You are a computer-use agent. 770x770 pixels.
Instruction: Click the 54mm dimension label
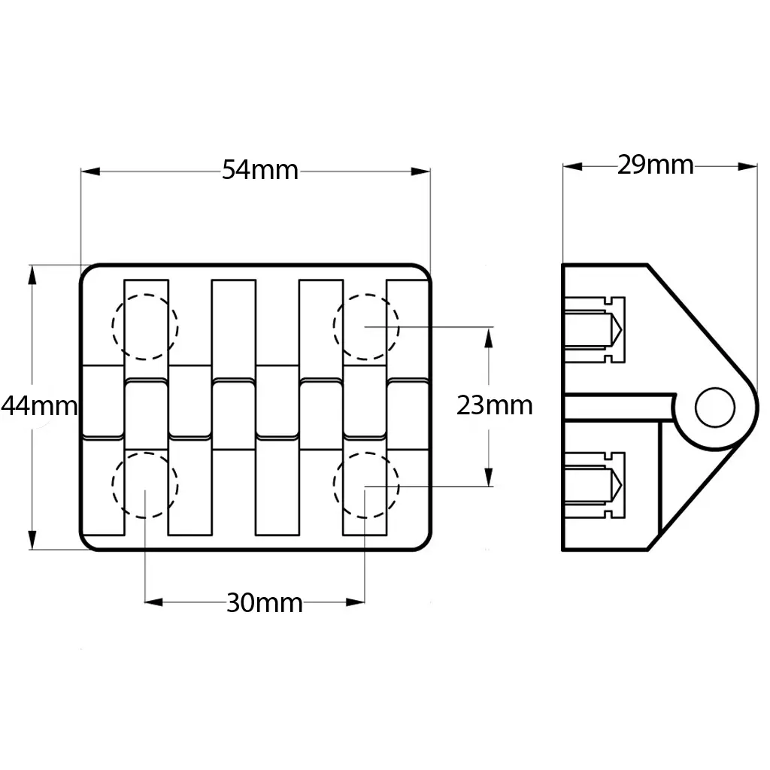(260, 171)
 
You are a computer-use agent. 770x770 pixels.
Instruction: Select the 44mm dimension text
(39, 406)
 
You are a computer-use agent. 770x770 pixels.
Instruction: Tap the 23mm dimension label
(494, 405)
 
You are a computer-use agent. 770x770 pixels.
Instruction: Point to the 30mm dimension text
(264, 602)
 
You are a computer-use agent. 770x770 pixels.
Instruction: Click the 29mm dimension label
(655, 165)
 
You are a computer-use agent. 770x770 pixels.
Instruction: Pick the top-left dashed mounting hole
(145, 326)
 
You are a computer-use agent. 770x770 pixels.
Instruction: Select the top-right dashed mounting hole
(366, 326)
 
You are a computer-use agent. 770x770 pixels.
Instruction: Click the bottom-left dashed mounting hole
(145, 485)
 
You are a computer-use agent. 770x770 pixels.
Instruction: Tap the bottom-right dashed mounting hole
(366, 485)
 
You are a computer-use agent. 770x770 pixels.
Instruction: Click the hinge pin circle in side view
(714, 408)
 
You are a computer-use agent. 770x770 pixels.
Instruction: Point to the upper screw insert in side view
(594, 328)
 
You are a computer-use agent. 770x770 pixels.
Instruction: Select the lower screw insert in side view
(594, 485)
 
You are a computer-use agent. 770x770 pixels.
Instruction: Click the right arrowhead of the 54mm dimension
(422, 171)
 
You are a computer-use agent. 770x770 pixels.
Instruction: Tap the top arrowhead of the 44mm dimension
(32, 274)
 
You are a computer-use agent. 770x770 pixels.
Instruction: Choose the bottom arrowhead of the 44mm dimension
(32, 540)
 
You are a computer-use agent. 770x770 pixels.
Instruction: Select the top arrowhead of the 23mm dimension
(489, 337)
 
